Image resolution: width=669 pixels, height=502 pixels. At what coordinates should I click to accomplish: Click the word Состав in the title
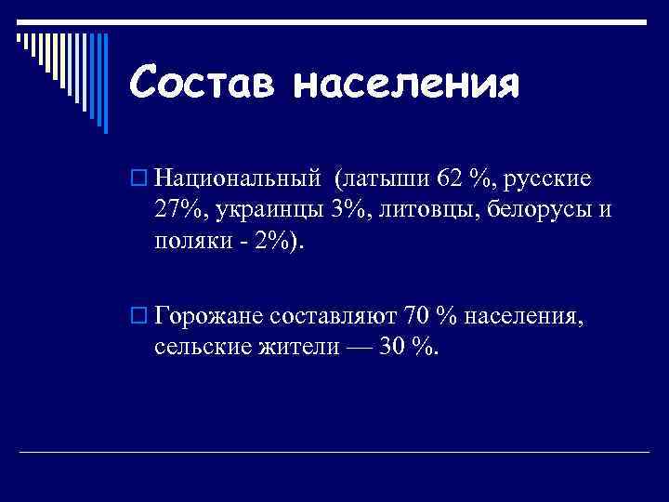(x=201, y=84)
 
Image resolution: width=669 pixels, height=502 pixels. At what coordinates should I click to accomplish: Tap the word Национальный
(x=238, y=176)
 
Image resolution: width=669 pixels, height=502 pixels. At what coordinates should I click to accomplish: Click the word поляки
(x=190, y=243)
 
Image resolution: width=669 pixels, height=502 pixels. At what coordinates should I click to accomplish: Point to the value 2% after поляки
(x=273, y=243)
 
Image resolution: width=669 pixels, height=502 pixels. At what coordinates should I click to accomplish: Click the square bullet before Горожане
(x=138, y=316)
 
